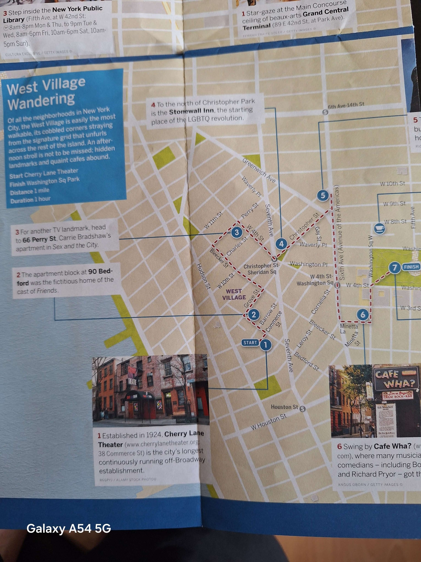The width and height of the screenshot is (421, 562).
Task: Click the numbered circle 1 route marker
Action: click(x=265, y=345)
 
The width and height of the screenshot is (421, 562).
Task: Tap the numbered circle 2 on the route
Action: click(x=253, y=315)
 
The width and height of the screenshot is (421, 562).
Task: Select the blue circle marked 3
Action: click(x=236, y=232)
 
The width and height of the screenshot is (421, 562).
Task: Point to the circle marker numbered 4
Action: click(x=281, y=244)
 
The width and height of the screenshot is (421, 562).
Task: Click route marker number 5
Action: click(x=323, y=196)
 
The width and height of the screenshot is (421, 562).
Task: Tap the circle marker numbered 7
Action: click(x=394, y=267)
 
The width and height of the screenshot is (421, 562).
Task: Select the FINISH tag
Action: click(x=411, y=267)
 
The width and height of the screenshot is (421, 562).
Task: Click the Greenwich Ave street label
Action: click(x=259, y=170)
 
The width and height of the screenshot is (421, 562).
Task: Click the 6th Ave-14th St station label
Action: click(x=346, y=105)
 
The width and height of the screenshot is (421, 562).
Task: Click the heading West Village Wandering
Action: click(x=46, y=93)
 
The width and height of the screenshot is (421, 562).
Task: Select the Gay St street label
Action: click(x=318, y=234)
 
